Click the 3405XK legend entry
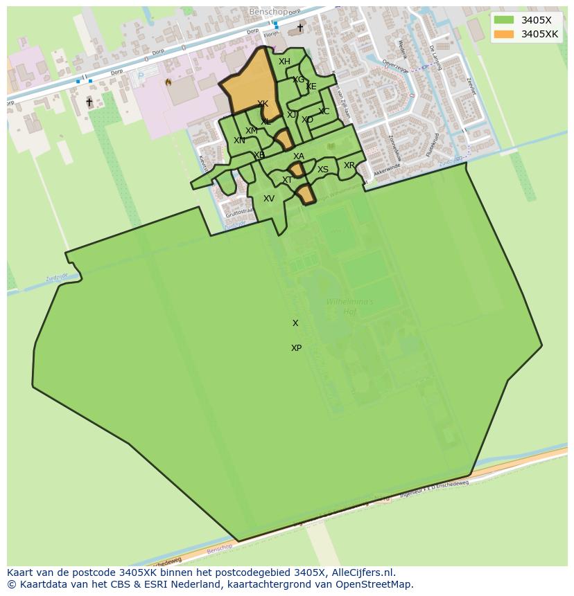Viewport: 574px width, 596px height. pyautogui.click(x=539, y=34)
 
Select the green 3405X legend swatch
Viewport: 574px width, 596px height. pyautogui.click(x=504, y=20)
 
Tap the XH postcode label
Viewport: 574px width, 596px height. pyautogui.click(x=284, y=62)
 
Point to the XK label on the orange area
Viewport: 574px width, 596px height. pyautogui.click(x=263, y=104)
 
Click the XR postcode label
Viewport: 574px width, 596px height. pyautogui.click(x=349, y=165)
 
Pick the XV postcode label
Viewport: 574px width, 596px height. pyautogui.click(x=269, y=199)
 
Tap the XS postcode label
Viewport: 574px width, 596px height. pyautogui.click(x=323, y=170)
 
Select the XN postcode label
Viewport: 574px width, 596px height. pyautogui.click(x=239, y=141)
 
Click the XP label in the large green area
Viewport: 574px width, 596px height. pyautogui.click(x=296, y=348)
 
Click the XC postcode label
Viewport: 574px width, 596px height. pyautogui.click(x=324, y=111)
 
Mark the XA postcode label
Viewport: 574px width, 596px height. pyautogui.click(x=299, y=156)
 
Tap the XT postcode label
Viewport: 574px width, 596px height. pyautogui.click(x=287, y=180)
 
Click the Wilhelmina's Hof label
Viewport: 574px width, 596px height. pyautogui.click(x=349, y=307)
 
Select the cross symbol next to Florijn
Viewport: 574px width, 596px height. pyautogui.click(x=300, y=28)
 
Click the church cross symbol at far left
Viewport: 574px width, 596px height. pyautogui.click(x=89, y=102)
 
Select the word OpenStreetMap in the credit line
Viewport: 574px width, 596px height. pyautogui.click(x=379, y=584)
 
